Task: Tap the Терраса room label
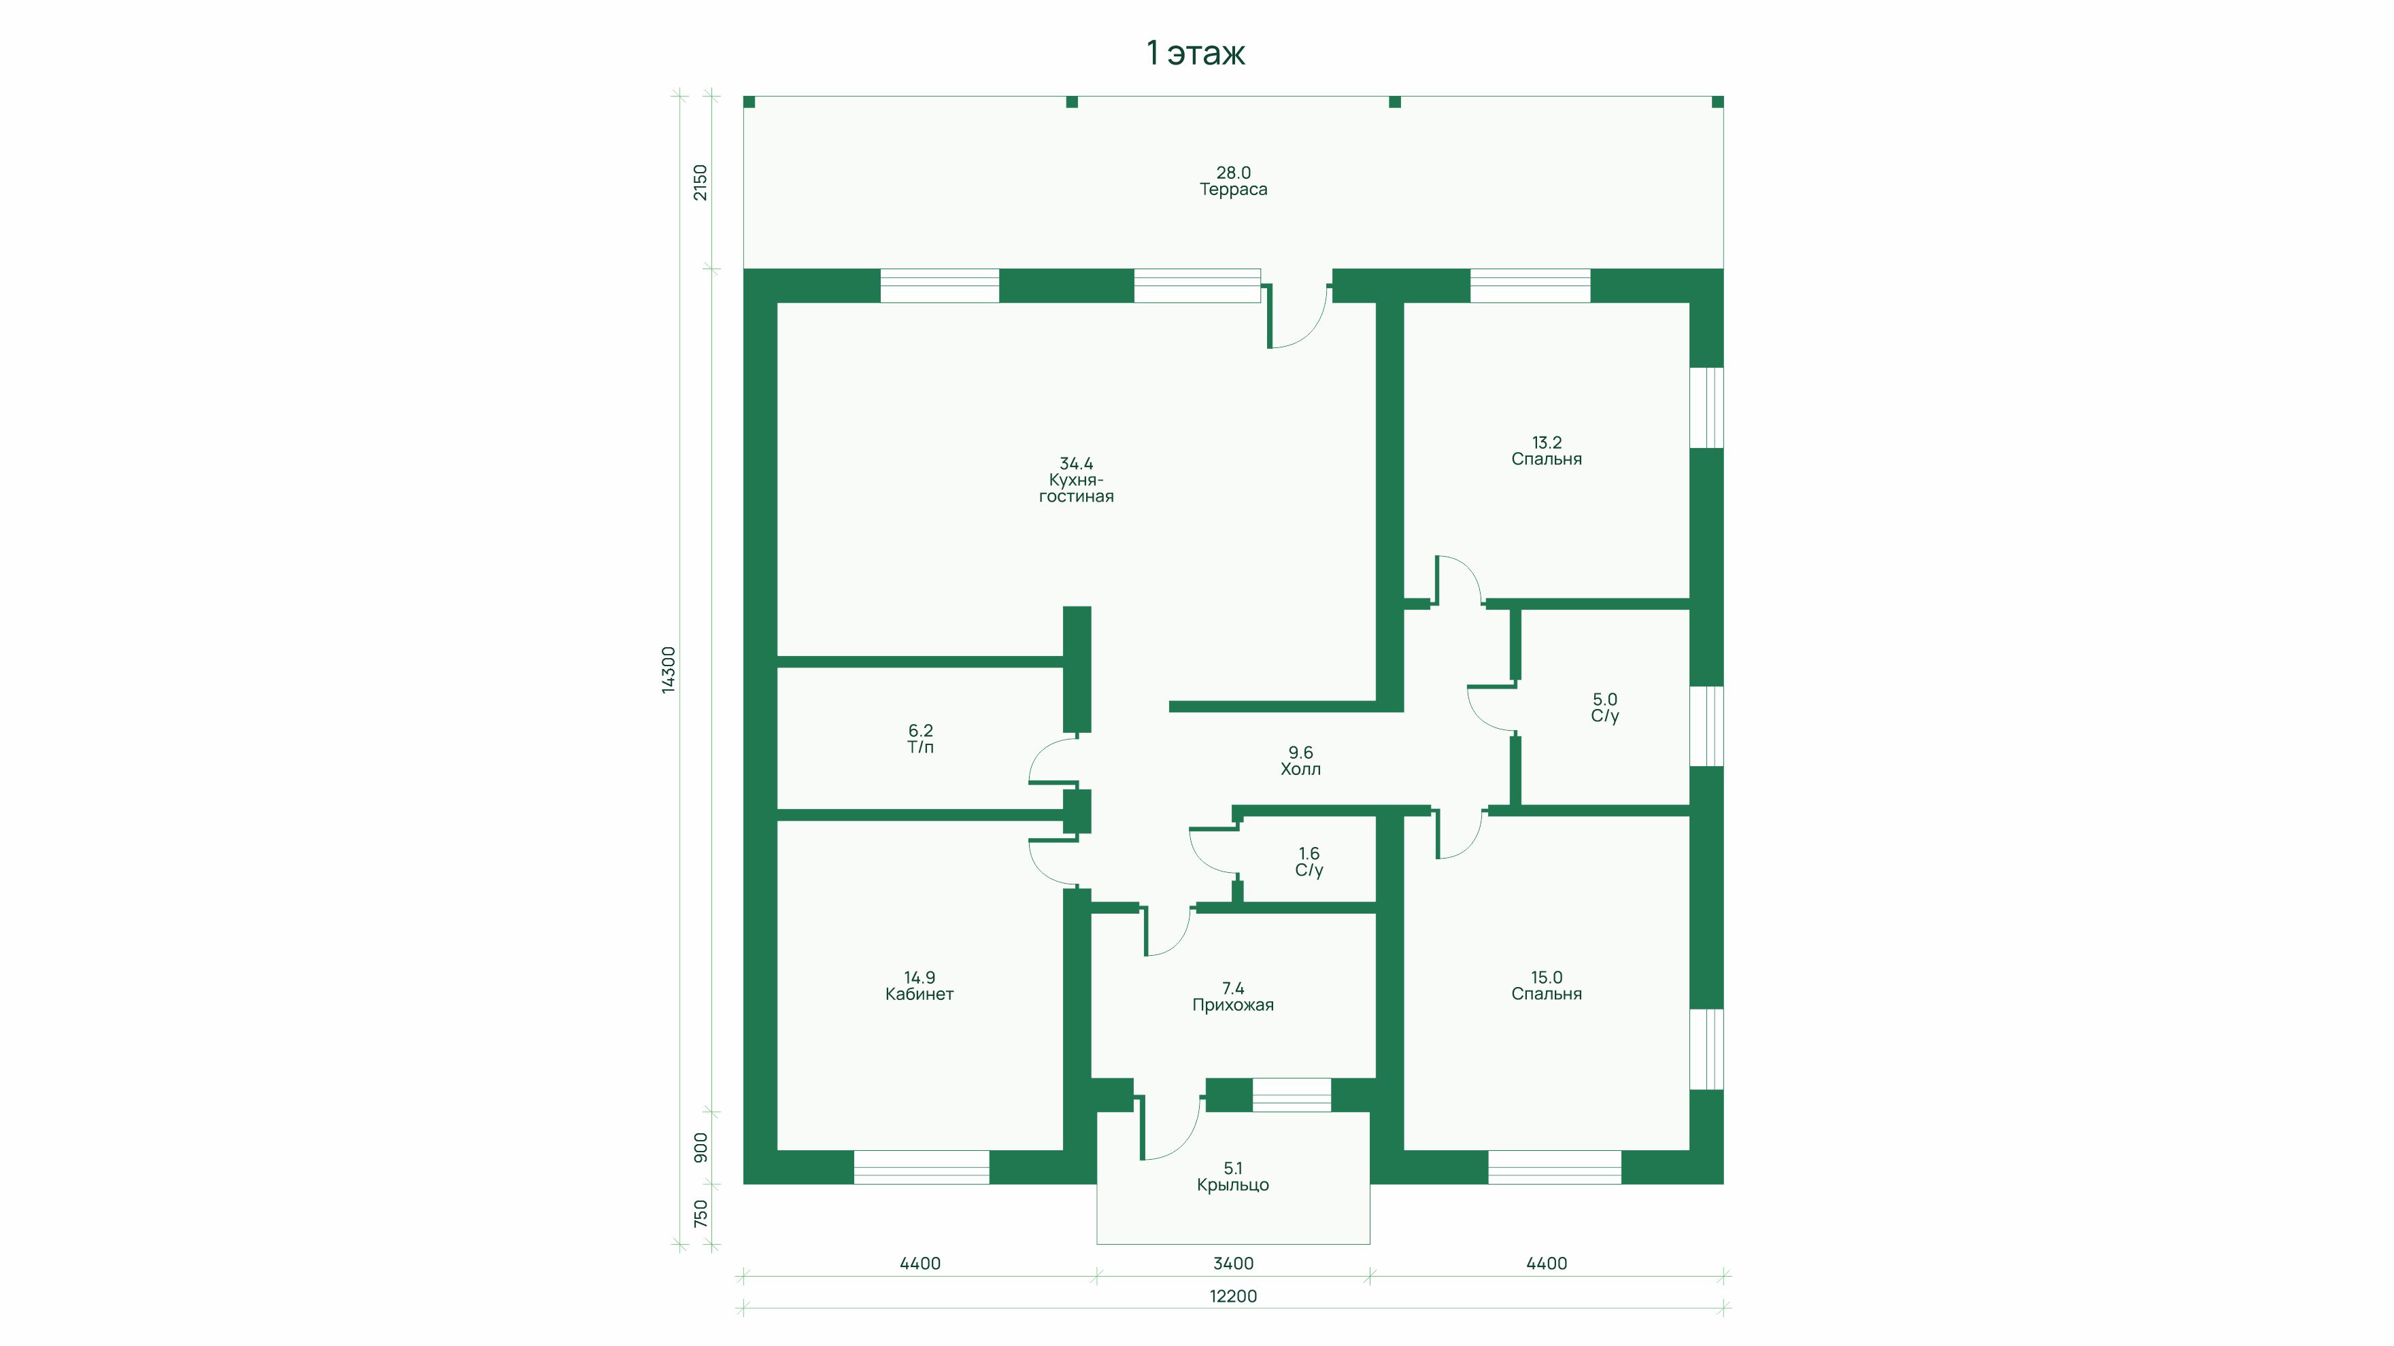[x=1233, y=190]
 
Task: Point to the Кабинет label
[x=919, y=994]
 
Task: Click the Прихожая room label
[x=1233, y=1005]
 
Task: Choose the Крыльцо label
[x=1233, y=1186]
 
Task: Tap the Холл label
[x=1300, y=769]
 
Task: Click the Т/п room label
[x=920, y=747]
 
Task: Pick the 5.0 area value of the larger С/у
[x=1605, y=700]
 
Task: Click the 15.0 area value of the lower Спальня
[x=1547, y=978]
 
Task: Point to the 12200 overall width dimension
[x=1233, y=1296]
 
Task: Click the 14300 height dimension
[x=668, y=670]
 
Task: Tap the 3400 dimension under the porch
[x=1233, y=1263]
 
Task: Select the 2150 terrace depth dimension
[x=700, y=182]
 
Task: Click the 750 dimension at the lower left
[x=701, y=1213]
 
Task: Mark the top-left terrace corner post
[x=749, y=102]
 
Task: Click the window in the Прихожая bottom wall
[x=1292, y=1095]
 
